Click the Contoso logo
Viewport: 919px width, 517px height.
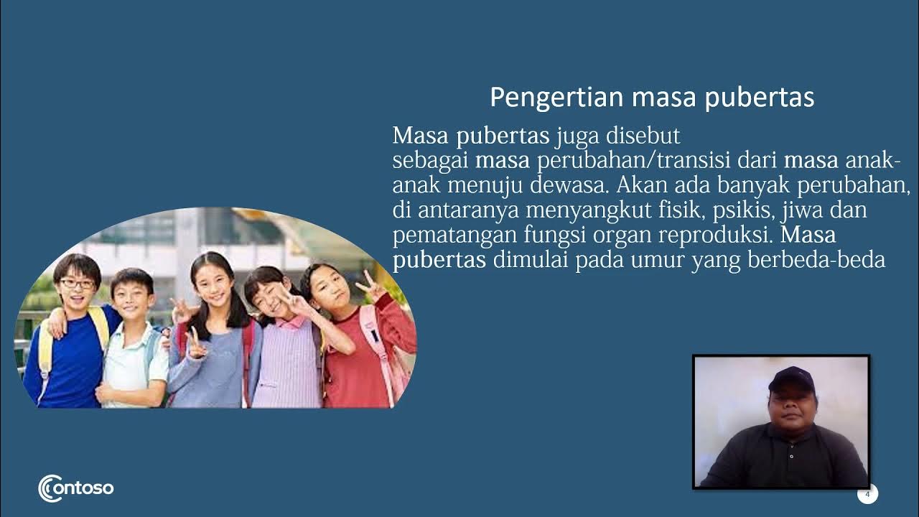pyautogui.click(x=75, y=488)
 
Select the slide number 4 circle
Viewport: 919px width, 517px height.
pyautogui.click(x=867, y=494)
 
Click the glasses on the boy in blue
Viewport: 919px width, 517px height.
pyautogui.click(x=77, y=284)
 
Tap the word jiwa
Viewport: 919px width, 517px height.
pyautogui.click(x=793, y=210)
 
